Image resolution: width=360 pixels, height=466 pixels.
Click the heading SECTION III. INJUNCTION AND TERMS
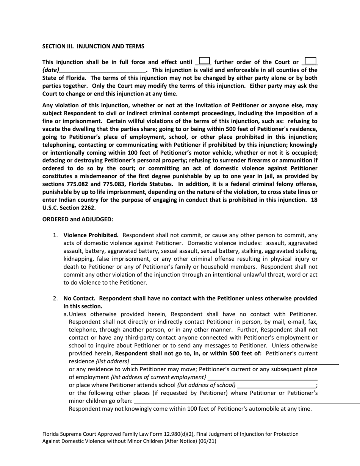click(x=93, y=46)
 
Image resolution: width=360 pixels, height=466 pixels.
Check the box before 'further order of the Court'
click(x=204, y=61)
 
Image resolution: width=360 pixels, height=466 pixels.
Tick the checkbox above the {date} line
click(x=310, y=61)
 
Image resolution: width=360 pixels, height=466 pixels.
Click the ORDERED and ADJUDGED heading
click(x=78, y=219)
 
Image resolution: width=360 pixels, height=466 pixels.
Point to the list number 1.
click(x=55, y=235)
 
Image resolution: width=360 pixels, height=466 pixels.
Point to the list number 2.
click(x=55, y=298)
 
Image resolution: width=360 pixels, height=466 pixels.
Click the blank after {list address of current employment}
click(x=262, y=377)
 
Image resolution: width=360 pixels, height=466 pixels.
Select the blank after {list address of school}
click(x=276, y=385)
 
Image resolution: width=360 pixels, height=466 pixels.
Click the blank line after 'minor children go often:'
click(x=246, y=401)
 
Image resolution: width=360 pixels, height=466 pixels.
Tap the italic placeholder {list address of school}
click(x=206, y=385)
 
